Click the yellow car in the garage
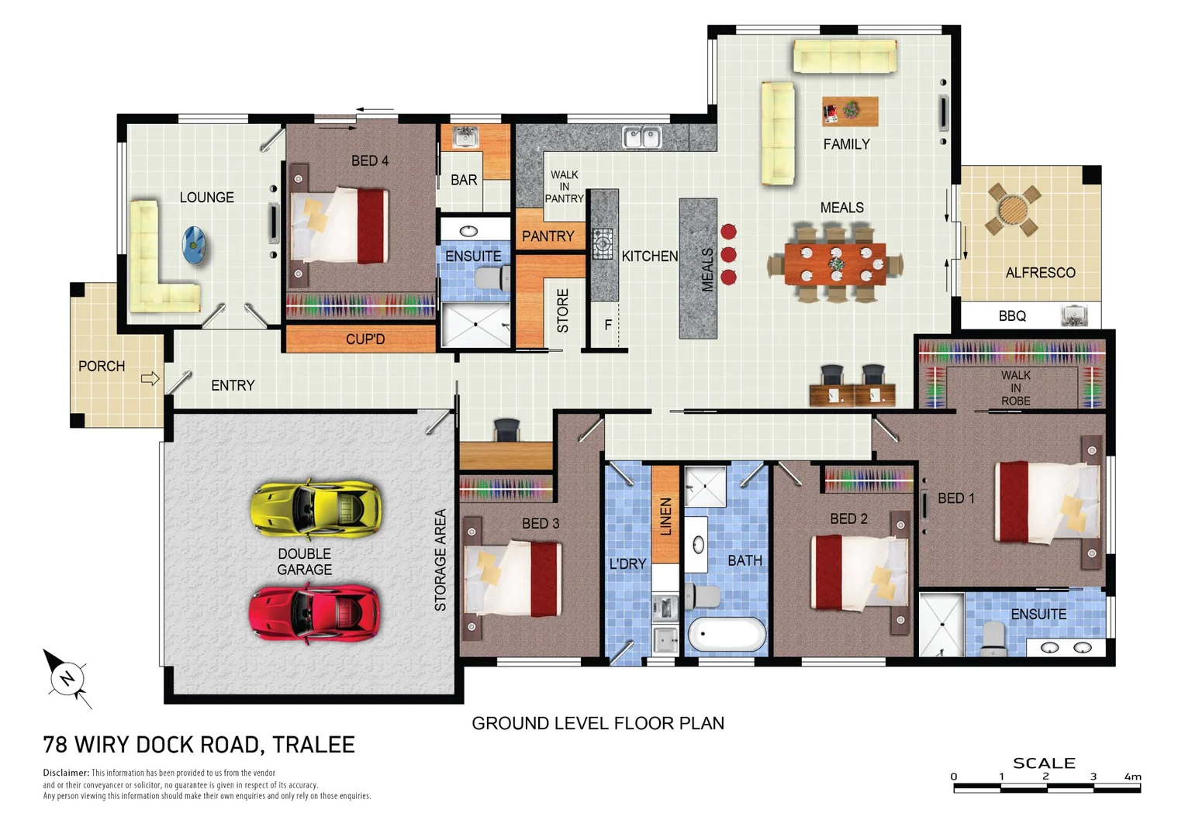tap(316, 509)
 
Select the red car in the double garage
tap(314, 613)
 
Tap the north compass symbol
tap(67, 678)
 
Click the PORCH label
tap(102, 366)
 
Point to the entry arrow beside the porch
tap(150, 378)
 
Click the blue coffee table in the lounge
tap(195, 246)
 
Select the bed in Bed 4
tap(339, 225)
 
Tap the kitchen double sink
tap(641, 138)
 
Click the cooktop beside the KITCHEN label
tap(603, 243)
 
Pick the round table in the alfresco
tap(1012, 209)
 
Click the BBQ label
tap(1012, 316)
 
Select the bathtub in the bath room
tap(727, 635)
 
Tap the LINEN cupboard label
tap(665, 516)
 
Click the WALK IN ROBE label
tap(1015, 387)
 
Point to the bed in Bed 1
tap(1047, 502)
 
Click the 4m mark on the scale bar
tap(1133, 777)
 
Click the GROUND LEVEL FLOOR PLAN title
tap(598, 723)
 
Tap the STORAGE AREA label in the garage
tap(440, 560)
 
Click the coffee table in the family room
tap(850, 111)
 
